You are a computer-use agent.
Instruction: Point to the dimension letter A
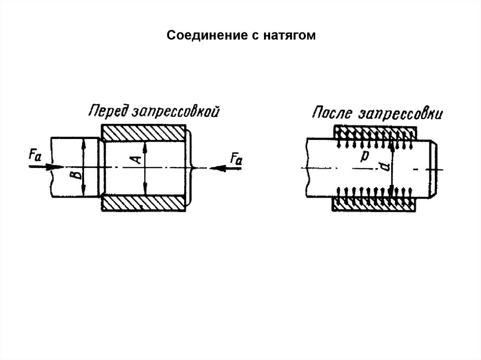click(137, 160)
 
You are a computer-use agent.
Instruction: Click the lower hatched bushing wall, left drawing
click(144, 203)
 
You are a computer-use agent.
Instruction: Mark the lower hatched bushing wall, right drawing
click(374, 204)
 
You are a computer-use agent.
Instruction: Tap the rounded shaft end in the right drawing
click(435, 167)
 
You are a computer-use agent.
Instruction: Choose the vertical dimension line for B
click(84, 167)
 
